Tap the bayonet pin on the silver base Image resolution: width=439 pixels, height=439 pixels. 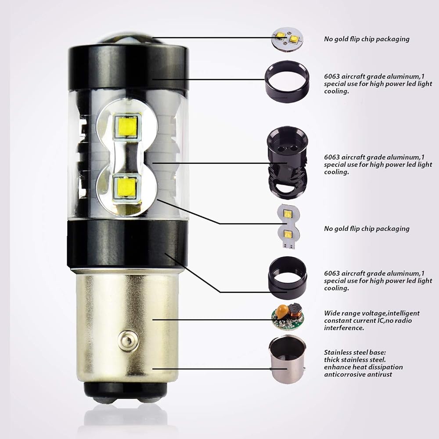pos(126,339)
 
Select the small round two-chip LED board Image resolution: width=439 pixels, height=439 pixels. pos(288,39)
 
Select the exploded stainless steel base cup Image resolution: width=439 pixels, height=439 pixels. pos(288,359)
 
